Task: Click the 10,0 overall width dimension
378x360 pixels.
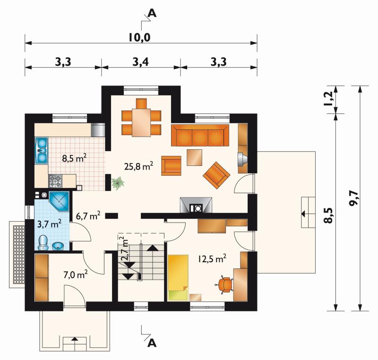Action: [x=139, y=37]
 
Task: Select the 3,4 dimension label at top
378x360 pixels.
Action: [x=140, y=62]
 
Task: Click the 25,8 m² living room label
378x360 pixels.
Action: [x=138, y=166]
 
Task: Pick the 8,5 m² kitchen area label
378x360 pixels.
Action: [x=74, y=158]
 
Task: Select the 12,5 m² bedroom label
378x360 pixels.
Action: [x=212, y=258]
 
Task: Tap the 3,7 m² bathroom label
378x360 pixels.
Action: [x=50, y=223]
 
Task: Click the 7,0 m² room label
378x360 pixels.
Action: [x=76, y=274]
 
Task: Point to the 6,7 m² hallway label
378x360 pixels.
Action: [x=88, y=216]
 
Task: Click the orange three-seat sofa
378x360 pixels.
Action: [x=200, y=135]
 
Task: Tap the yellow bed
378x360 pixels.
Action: [x=178, y=277]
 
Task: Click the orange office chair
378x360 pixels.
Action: [x=225, y=284]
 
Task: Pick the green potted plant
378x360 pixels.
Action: [x=118, y=183]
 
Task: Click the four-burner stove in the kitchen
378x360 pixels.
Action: [x=55, y=181]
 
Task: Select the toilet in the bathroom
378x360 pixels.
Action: [x=43, y=243]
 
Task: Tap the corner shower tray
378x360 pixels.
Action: [x=60, y=201]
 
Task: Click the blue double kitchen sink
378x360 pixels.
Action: [x=42, y=151]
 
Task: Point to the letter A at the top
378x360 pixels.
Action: [x=152, y=13]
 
